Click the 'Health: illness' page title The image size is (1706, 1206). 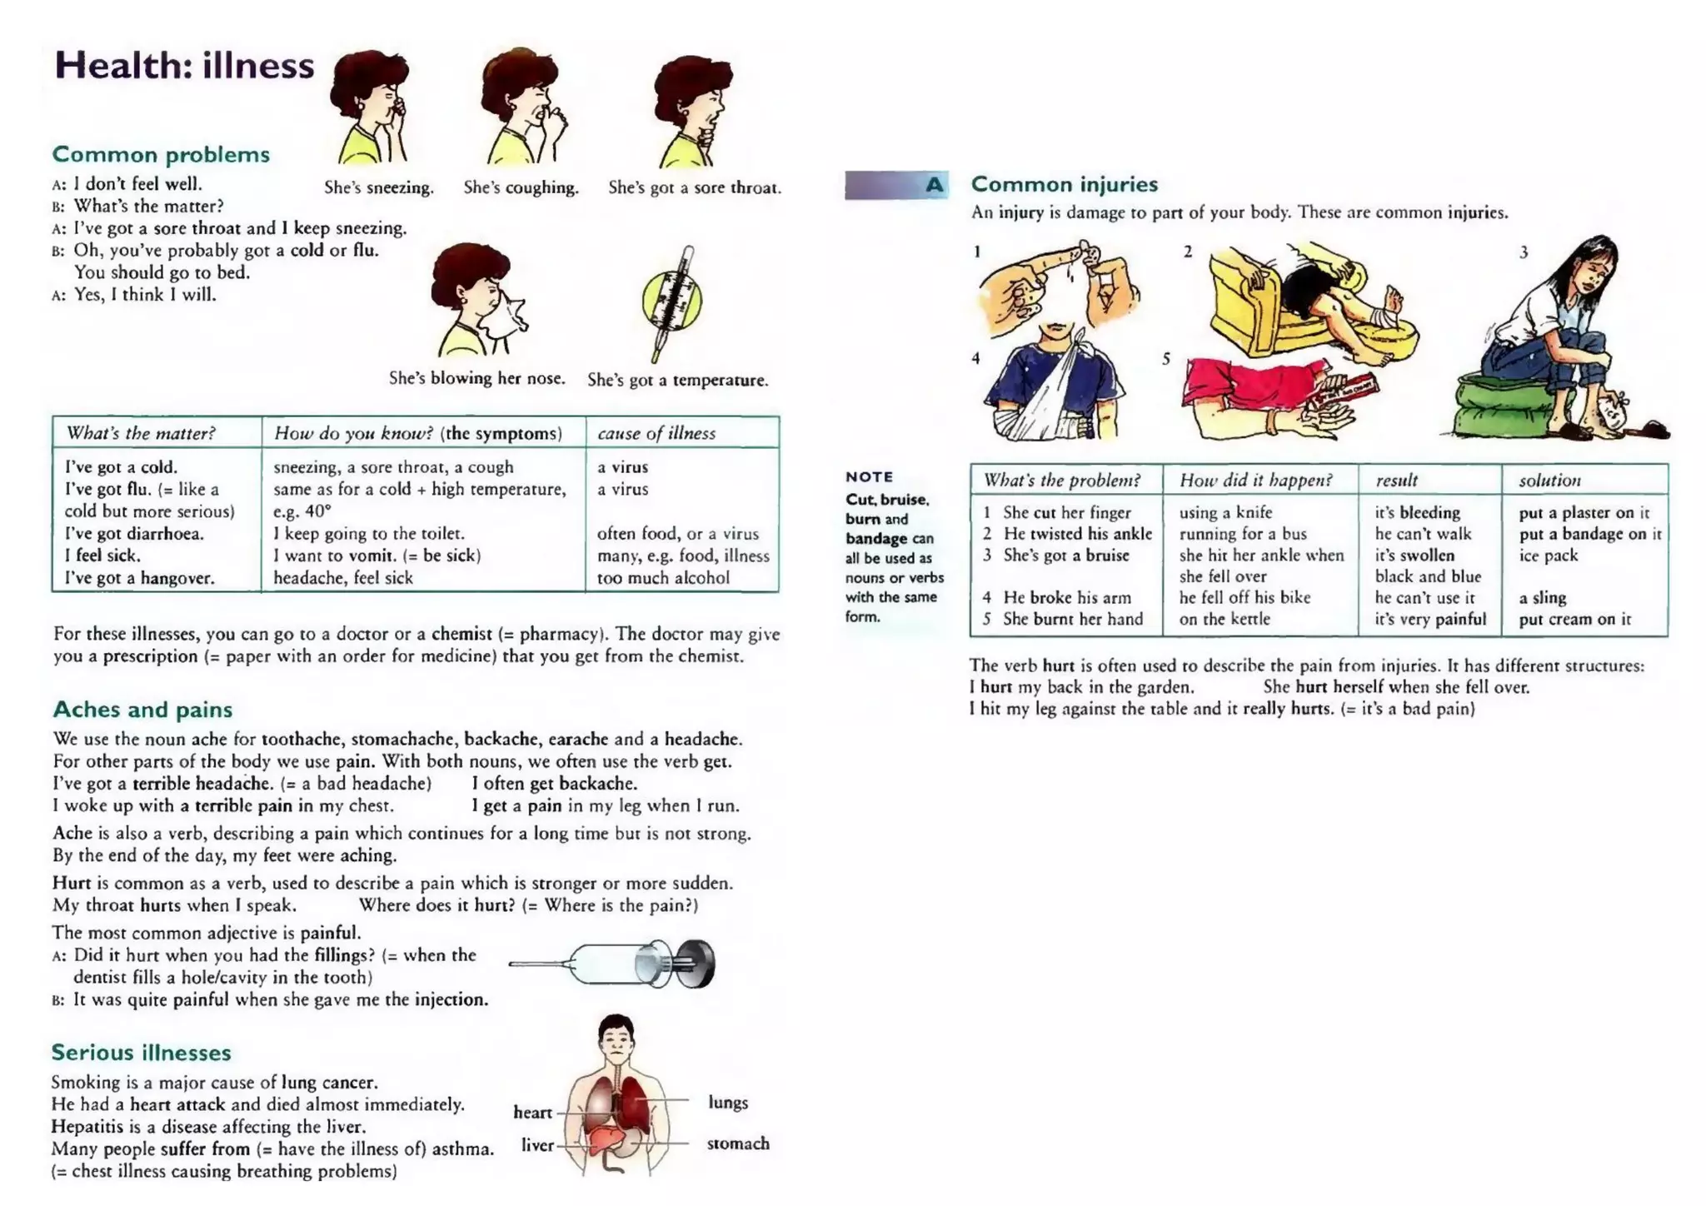point(184,66)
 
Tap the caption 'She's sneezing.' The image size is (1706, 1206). point(379,187)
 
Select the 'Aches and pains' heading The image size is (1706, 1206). point(142,710)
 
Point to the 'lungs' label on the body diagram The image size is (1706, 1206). point(728,1102)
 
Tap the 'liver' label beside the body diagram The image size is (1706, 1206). point(537,1145)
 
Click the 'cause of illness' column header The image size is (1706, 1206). point(656,433)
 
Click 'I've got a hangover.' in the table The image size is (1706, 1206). point(140,578)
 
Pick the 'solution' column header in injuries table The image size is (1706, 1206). point(1549,481)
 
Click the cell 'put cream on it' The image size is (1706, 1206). point(1574,619)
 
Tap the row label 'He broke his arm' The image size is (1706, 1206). point(1066,597)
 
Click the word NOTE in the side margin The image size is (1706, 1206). point(869,476)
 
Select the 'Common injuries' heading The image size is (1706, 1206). point(1064,184)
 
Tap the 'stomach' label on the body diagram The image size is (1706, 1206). point(738,1144)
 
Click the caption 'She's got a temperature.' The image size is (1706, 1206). point(677,380)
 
